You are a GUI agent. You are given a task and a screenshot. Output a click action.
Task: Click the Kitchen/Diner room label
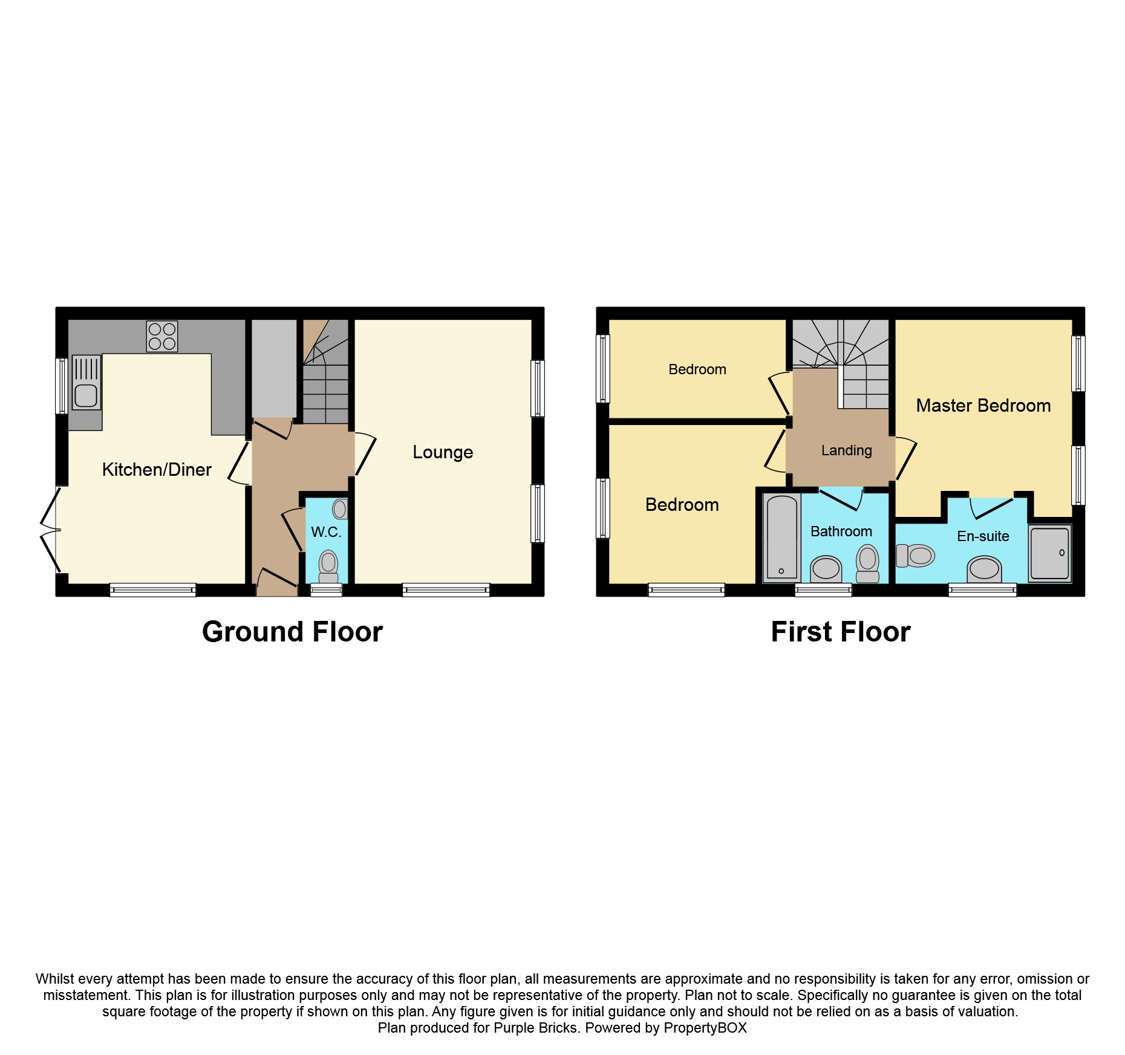(x=157, y=470)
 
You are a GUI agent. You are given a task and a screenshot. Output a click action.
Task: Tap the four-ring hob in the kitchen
(x=162, y=336)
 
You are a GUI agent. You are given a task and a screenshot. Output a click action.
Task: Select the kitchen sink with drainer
(x=86, y=382)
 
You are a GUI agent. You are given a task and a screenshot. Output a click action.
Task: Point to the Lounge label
(x=443, y=452)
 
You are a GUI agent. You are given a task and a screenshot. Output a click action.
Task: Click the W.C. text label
(x=327, y=532)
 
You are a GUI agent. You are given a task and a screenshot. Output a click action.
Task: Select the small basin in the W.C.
(x=340, y=509)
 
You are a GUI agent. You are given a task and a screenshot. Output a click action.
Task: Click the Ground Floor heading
(x=292, y=632)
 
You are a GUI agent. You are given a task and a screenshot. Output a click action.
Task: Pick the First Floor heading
(x=841, y=632)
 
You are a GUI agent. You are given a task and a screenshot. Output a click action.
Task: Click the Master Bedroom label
(x=983, y=406)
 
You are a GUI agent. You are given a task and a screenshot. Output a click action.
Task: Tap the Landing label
(x=847, y=450)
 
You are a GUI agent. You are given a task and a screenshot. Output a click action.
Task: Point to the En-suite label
(x=983, y=536)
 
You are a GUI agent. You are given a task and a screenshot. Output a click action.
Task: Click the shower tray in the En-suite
(x=1050, y=554)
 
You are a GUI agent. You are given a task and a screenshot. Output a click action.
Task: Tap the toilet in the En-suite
(x=916, y=556)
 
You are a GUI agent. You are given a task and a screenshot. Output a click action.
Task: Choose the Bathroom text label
(x=841, y=531)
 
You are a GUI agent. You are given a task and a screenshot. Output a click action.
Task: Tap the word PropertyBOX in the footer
(x=705, y=1028)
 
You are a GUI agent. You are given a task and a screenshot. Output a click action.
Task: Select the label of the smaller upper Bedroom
(x=697, y=369)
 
